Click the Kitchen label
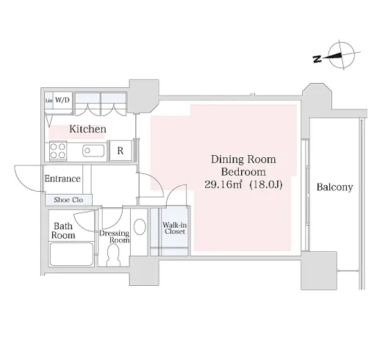(x=88, y=129)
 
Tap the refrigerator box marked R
(x=121, y=151)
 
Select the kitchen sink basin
(x=93, y=151)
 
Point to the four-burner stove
(x=58, y=151)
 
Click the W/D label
(x=62, y=100)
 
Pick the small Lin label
(x=48, y=101)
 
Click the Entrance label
(x=62, y=179)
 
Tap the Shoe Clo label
(x=68, y=200)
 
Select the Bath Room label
(x=63, y=231)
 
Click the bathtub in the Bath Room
(x=71, y=254)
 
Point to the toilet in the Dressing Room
(x=113, y=255)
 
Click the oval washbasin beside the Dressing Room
(x=140, y=226)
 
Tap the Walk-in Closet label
(x=175, y=228)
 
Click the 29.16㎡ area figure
(x=223, y=184)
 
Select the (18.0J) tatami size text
(x=266, y=184)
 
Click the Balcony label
(x=334, y=187)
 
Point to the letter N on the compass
(x=317, y=59)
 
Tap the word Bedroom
(x=243, y=172)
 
